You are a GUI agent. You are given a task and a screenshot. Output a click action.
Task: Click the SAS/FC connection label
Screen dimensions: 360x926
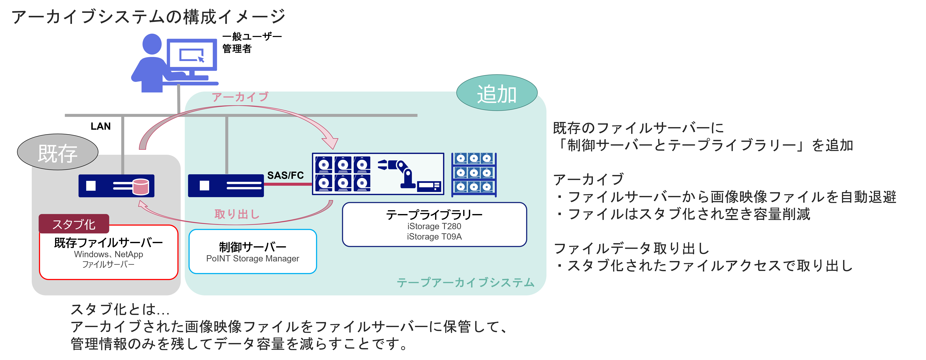285,176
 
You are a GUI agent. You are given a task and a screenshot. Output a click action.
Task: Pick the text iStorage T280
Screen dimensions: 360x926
434,226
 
